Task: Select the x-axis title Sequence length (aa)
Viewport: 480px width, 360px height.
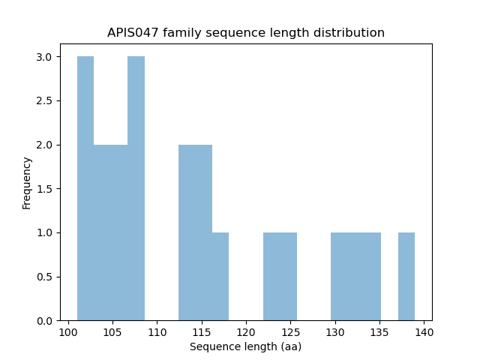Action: [x=245, y=346]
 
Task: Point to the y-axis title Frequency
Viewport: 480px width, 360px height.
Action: [x=27, y=182]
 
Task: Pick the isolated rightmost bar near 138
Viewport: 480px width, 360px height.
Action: [x=406, y=277]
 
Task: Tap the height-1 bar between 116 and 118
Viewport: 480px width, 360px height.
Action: [x=220, y=277]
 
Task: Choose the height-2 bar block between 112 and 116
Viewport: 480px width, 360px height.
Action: [x=195, y=232]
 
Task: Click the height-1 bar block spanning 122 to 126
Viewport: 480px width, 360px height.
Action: [x=280, y=277]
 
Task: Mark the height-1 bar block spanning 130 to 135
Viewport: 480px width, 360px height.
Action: [x=355, y=277]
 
